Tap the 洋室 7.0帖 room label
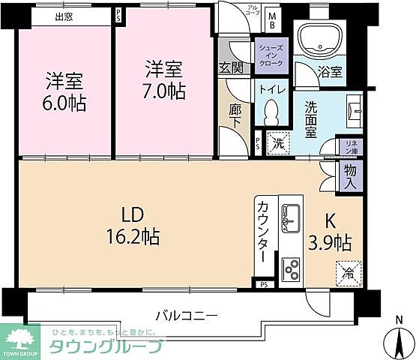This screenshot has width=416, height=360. (x=164, y=80)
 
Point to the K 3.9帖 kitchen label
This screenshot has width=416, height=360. (x=331, y=232)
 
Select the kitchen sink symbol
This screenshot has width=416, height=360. (x=290, y=215)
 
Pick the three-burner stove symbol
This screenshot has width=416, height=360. (x=290, y=267)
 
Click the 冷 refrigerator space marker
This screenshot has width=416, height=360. (x=349, y=271)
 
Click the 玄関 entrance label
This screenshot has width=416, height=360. (x=230, y=67)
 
